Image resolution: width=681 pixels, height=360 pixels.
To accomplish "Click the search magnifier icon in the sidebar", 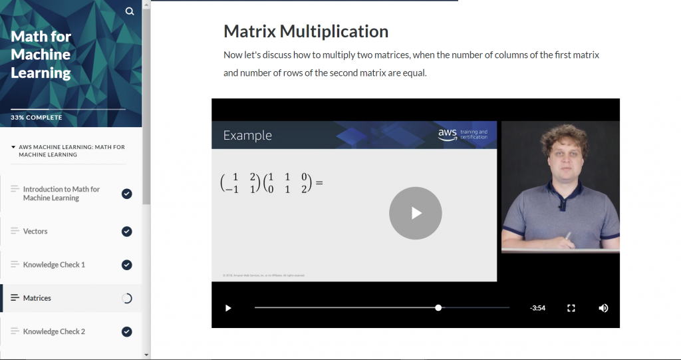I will tap(130, 11).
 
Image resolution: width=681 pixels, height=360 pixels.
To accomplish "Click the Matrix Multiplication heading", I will tap(306, 31).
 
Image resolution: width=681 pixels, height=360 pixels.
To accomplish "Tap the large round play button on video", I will tap(416, 213).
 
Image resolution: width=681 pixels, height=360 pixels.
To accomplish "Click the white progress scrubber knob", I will tap(438, 307).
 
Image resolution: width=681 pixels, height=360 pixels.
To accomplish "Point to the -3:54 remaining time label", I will tap(537, 308).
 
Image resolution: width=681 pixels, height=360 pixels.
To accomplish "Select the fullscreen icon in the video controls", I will tap(571, 308).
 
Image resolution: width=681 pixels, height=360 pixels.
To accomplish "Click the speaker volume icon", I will tap(603, 308).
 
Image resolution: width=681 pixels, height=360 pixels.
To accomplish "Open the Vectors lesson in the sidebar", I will tap(35, 232).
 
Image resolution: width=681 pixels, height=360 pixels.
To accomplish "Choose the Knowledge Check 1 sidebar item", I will tap(54, 265).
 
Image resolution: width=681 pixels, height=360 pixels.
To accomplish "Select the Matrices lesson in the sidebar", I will tap(37, 298).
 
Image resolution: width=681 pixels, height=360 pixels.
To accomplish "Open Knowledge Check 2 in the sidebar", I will tap(54, 331).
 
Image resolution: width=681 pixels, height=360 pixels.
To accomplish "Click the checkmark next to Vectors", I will tap(127, 232).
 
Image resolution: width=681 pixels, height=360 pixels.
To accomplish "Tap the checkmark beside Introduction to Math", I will tap(127, 194).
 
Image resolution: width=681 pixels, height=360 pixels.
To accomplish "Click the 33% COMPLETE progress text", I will tap(37, 118).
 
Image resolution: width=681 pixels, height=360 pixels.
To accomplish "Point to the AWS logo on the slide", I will tap(447, 134).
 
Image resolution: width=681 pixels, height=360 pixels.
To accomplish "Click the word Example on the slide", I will tap(247, 135).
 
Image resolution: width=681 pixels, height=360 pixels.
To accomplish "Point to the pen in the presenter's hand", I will tap(567, 238).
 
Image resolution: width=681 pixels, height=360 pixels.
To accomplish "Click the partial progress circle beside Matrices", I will tap(127, 298).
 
